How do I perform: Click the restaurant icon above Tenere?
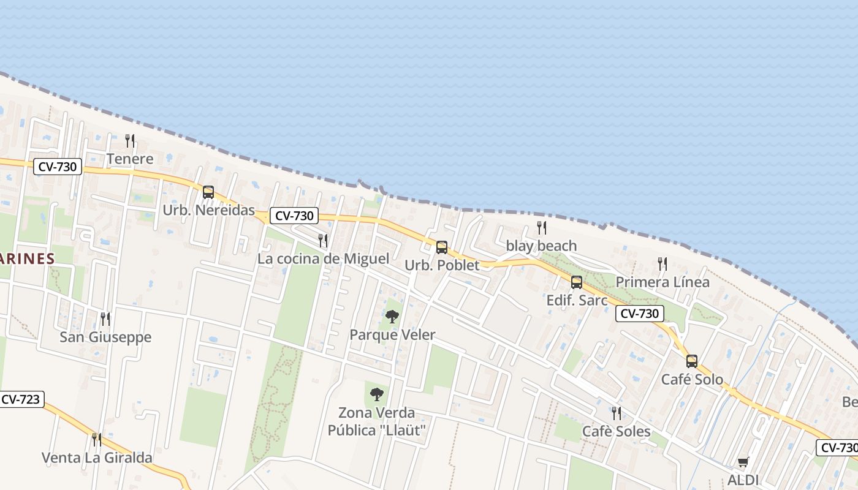(130, 141)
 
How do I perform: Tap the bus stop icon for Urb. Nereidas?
(208, 192)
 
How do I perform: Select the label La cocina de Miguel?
(323, 258)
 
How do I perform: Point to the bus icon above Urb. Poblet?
(441, 247)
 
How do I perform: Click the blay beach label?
(541, 246)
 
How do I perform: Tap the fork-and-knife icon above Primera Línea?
(662, 264)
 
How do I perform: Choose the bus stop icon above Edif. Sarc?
(577, 282)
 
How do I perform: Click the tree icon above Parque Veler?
(392, 317)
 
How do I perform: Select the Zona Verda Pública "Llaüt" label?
(376, 421)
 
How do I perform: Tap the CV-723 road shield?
(21, 400)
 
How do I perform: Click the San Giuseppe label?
(105, 337)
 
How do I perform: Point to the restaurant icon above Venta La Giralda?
(97, 439)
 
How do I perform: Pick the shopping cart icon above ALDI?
(743, 462)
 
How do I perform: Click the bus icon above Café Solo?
(692, 361)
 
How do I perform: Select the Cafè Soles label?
(616, 431)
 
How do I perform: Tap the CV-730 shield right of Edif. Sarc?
(640, 314)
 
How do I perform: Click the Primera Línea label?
(662, 282)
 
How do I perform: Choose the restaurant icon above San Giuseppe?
(105, 318)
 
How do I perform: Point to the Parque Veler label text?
(392, 334)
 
